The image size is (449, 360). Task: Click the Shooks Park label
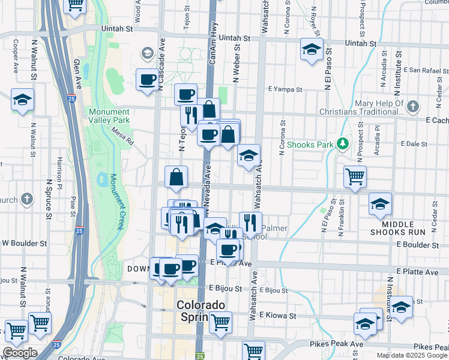[x=310, y=145]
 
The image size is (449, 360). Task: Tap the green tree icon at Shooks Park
[x=342, y=144]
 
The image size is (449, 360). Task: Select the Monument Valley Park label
[x=109, y=116]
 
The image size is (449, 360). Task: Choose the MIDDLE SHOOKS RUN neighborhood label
[x=397, y=227]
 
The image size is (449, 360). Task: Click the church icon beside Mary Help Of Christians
[x=412, y=107]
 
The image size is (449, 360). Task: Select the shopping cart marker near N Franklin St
[x=355, y=176]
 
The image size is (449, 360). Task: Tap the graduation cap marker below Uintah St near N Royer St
[x=312, y=49]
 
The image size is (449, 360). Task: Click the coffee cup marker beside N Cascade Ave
[x=147, y=79]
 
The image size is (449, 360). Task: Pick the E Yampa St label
[x=285, y=89]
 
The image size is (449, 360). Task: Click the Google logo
[x=20, y=353]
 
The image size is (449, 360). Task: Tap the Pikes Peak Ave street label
[x=337, y=344]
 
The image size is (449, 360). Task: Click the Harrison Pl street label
[x=60, y=171]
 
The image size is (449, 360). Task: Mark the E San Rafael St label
[x=426, y=70]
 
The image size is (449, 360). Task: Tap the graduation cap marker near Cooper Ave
[x=22, y=99]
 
